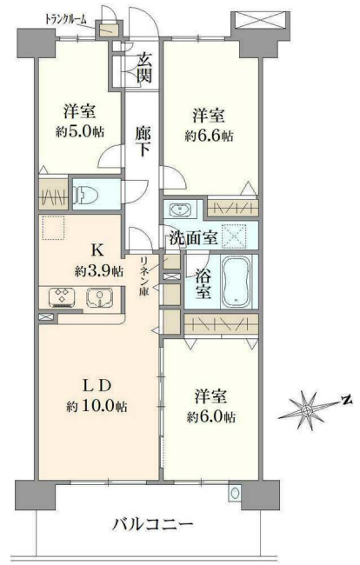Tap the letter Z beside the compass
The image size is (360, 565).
tap(345, 401)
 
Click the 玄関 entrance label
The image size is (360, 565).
tap(143, 68)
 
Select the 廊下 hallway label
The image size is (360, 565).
tap(143, 142)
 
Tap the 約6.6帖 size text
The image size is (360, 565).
tap(210, 136)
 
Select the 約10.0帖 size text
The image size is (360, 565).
tap(97, 407)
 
